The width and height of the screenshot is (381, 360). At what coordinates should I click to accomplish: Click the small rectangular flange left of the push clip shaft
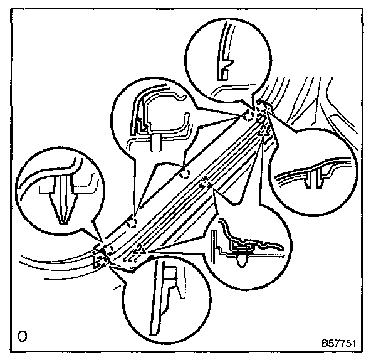click(46, 188)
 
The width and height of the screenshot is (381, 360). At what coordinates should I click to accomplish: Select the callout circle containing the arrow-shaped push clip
click(57, 191)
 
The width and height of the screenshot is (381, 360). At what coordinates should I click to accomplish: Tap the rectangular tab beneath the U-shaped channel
click(156, 142)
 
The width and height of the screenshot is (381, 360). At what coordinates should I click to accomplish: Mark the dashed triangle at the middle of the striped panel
click(204, 184)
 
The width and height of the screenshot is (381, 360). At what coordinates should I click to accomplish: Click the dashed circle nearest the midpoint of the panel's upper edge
click(184, 173)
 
